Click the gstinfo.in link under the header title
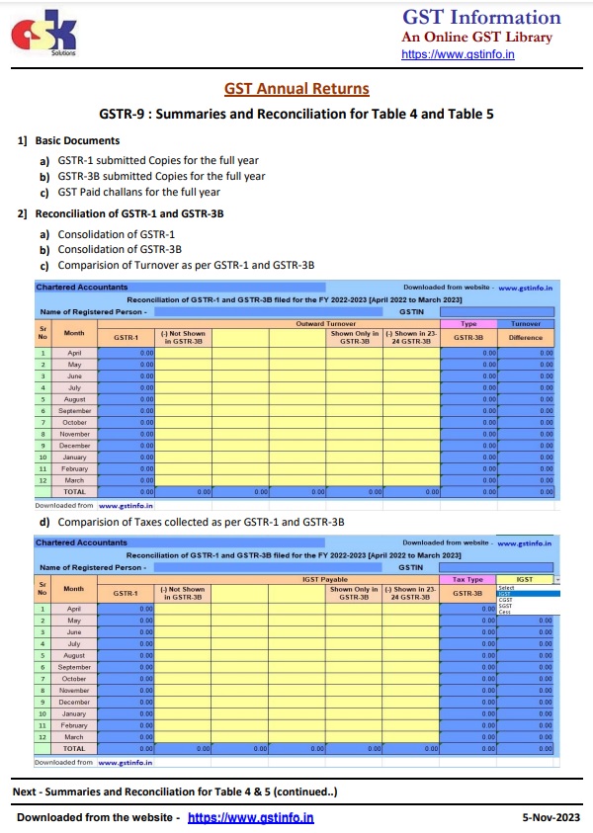point(458,54)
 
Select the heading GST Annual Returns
point(296,89)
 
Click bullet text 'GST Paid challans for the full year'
point(138,192)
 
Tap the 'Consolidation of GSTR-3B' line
point(120,249)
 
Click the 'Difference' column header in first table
point(526,337)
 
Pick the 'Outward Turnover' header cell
point(326,323)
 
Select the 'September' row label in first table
point(74,410)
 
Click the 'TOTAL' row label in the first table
point(74,491)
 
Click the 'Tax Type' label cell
point(467,580)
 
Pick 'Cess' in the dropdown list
point(505,613)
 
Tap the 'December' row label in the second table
point(74,702)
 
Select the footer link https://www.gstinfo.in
point(250,817)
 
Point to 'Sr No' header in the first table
point(42,333)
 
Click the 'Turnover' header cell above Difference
point(526,323)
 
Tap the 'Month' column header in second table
point(74,588)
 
